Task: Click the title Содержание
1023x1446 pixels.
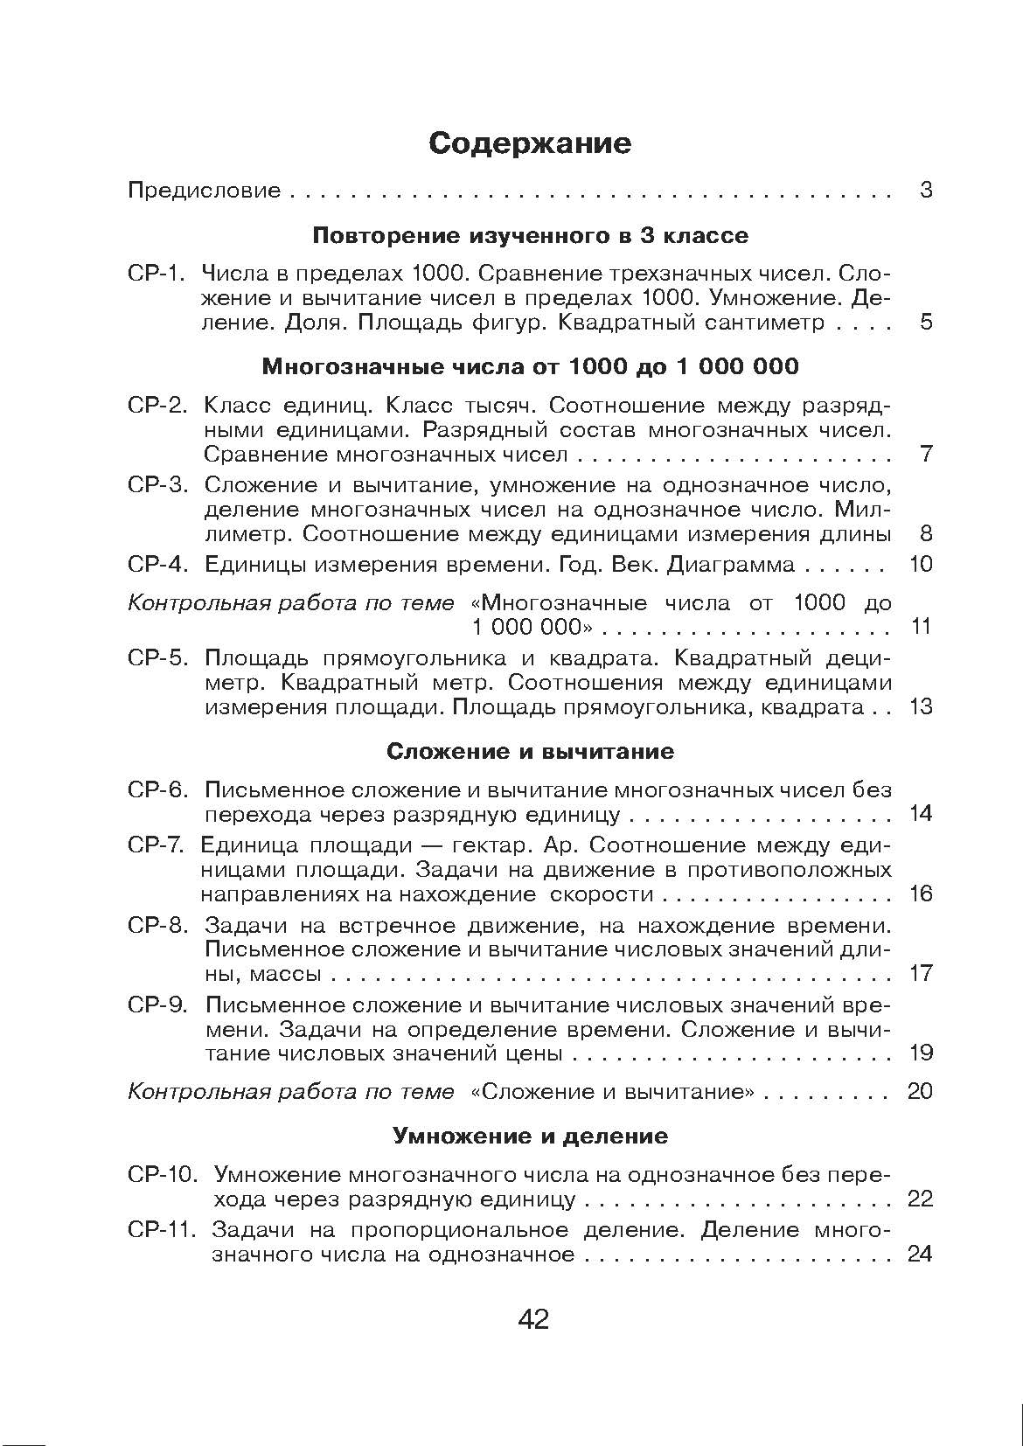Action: [x=529, y=143]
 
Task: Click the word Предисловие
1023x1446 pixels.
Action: [x=205, y=191]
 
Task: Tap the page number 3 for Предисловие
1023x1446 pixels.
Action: [x=926, y=190]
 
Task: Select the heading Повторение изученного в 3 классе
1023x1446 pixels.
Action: [x=530, y=236]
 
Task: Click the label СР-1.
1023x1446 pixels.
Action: [x=157, y=274]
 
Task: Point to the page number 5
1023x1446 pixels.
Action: [x=926, y=323]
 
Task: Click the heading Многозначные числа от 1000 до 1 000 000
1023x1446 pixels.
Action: [x=530, y=366]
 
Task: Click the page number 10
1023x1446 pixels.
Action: [x=921, y=565]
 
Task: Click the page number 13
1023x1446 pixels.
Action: [x=921, y=707]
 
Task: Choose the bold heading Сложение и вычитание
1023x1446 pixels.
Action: [x=530, y=752]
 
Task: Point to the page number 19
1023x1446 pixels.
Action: [x=921, y=1053]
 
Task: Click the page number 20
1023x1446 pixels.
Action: [x=921, y=1092]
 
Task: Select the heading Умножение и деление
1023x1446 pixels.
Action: [x=530, y=1137]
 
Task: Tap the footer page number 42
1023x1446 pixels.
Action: [x=533, y=1319]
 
